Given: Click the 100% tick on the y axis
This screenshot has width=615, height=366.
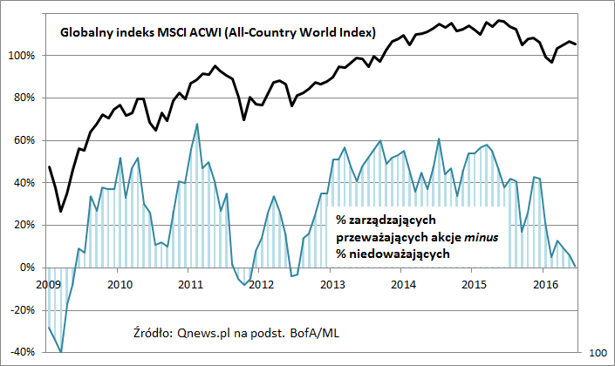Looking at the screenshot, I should click(21, 56).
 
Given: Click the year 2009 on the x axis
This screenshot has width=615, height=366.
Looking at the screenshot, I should click(49, 283).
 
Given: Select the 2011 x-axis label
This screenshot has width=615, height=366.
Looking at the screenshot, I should click(191, 283).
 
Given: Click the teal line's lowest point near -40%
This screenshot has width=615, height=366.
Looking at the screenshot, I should click(61, 352).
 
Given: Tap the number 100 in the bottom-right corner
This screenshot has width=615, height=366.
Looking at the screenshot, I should click(599, 352).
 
